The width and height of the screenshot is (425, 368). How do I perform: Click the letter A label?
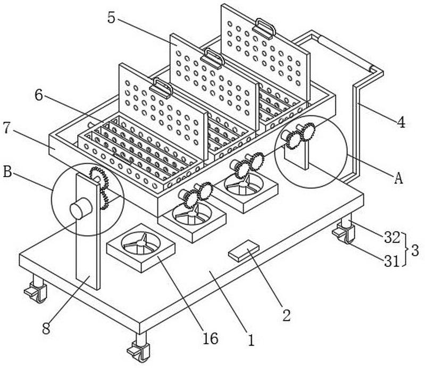(x=397, y=178)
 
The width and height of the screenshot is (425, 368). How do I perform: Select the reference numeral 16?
(x=211, y=339)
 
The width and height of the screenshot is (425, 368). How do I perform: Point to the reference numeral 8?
(x=47, y=328)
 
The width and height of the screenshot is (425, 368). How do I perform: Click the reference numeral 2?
(x=286, y=315)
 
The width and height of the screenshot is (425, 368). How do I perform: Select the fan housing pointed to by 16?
(x=141, y=248)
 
